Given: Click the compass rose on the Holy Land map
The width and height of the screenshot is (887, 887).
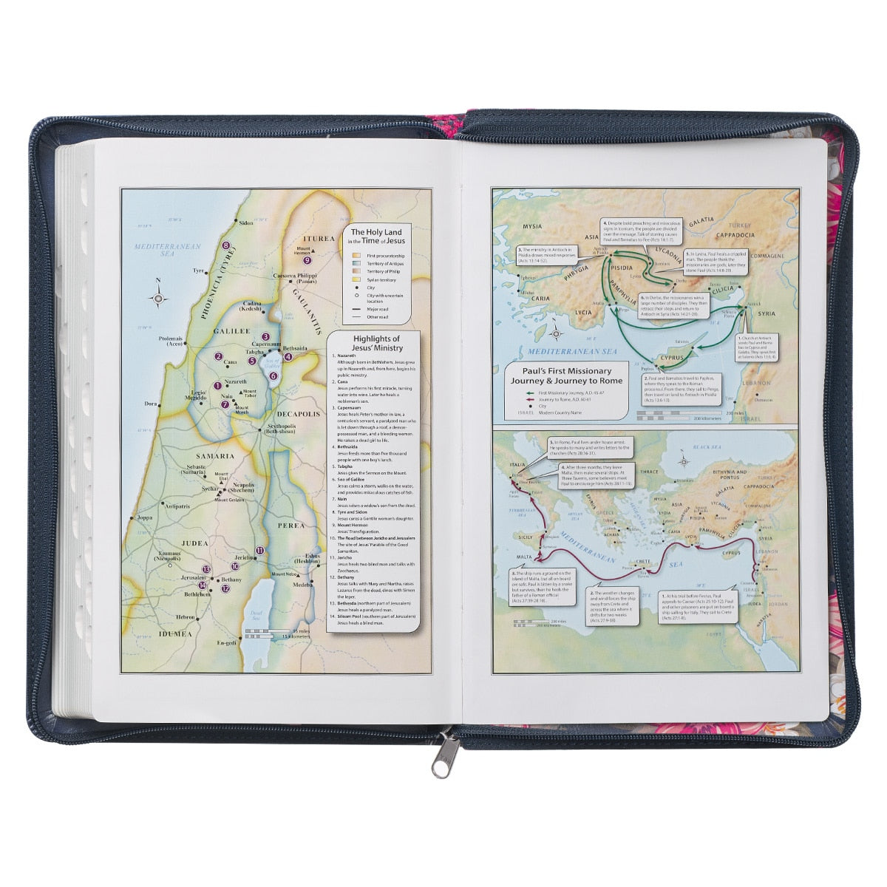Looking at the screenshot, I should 158,298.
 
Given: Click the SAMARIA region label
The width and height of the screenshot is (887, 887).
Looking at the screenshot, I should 215,456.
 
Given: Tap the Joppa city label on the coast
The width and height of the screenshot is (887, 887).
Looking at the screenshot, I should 145,518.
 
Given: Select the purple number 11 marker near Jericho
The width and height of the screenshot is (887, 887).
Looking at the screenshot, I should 259,551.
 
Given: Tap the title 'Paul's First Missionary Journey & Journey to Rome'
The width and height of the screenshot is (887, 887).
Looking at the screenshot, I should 566,375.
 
